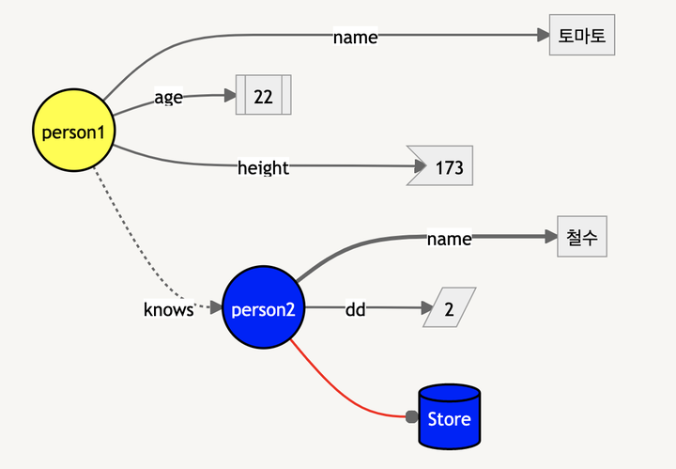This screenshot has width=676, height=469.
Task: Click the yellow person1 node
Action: coord(74,132)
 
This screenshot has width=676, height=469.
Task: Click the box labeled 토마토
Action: coord(582,36)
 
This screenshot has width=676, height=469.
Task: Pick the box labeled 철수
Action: coord(581,237)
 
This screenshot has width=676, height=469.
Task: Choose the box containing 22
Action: coord(263,95)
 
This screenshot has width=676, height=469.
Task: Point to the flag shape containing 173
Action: coord(442,166)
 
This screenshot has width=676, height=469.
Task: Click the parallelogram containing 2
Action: coord(449,307)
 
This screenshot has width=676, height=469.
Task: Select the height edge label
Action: coord(263,167)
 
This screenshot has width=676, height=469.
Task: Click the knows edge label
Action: coord(168,308)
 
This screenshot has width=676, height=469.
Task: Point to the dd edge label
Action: coord(356,307)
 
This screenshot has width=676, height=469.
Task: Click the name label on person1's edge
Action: coord(356,37)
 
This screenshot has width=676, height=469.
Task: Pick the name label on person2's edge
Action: coord(449,239)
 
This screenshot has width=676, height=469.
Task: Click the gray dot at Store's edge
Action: coord(411,416)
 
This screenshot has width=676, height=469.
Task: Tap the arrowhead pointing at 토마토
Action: coord(543,36)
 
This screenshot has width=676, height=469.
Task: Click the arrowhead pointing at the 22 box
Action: coord(229,95)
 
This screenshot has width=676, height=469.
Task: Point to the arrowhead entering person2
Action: coord(216,307)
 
